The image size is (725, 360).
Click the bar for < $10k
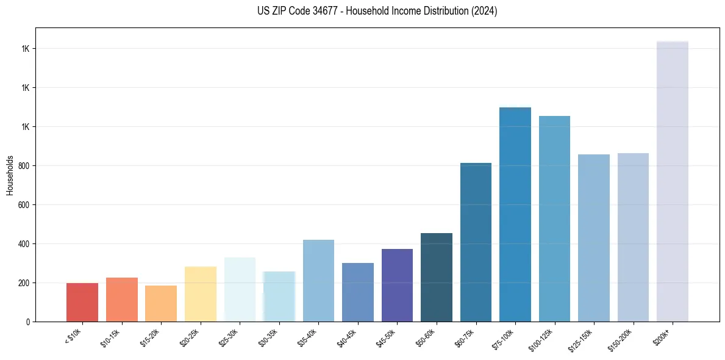point(82,302)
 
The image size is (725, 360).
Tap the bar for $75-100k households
point(515,214)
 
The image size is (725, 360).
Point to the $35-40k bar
point(318,281)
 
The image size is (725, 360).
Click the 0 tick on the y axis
point(28,322)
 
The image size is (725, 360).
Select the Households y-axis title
point(10,175)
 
